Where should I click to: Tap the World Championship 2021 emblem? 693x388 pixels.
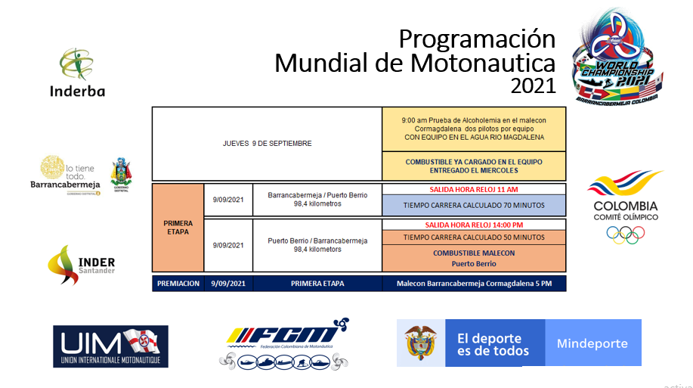[x=617, y=56]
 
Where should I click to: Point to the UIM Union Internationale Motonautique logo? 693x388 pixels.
[x=110, y=346]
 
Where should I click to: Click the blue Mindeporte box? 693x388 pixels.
[x=592, y=343]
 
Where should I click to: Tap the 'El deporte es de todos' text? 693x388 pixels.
[x=493, y=344]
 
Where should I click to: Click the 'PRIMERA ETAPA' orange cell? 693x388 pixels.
[x=178, y=228]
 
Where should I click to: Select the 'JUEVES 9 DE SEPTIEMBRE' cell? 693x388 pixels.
[x=267, y=143]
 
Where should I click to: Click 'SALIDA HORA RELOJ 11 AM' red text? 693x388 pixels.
[x=474, y=189]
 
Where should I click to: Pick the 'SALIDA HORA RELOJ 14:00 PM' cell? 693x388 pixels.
[x=474, y=225]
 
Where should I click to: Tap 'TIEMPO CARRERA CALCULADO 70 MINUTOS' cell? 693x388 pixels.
[x=474, y=205]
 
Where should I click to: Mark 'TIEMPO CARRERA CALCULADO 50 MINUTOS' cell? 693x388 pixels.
[x=474, y=237]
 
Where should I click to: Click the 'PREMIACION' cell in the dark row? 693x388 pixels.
[x=178, y=284]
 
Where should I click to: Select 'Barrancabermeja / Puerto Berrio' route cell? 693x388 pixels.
[x=317, y=199]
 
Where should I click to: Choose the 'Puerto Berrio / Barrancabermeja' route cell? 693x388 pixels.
[x=317, y=245]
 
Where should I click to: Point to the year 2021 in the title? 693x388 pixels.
[x=533, y=86]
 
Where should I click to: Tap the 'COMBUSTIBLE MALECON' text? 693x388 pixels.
[x=474, y=253]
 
